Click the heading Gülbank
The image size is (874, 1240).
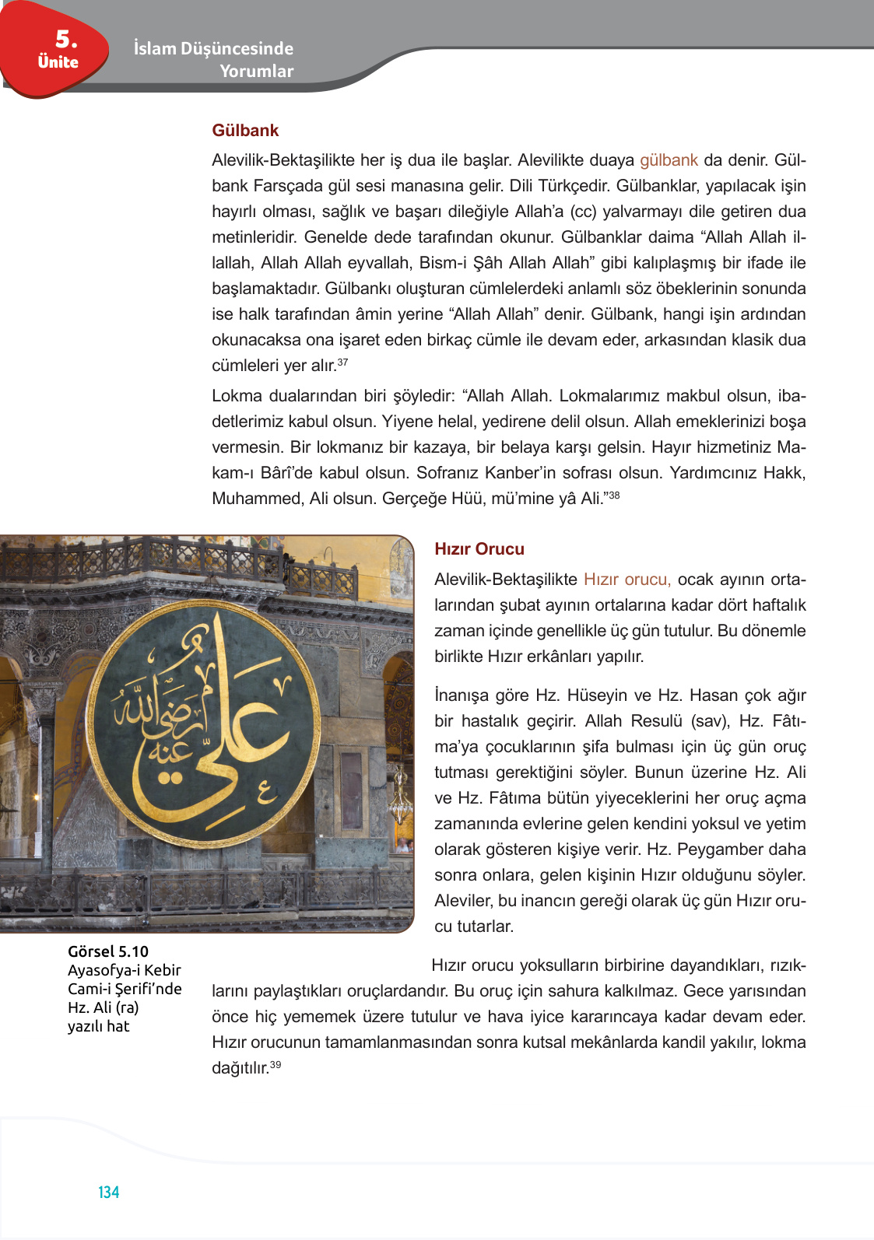tap(244, 131)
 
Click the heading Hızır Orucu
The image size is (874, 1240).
tap(479, 549)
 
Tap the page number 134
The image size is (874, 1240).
tap(108, 1193)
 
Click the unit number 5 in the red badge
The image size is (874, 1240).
tap(65, 39)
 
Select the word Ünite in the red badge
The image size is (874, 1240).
tap(58, 62)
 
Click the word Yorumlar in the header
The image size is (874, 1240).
tap(256, 71)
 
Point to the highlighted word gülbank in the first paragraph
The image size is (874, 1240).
tap(668, 160)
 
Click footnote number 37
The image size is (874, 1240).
tap(342, 363)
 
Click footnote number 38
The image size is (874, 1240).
tap(614, 495)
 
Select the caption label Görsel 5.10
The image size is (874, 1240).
tap(107, 951)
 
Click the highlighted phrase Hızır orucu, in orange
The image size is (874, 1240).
tap(627, 580)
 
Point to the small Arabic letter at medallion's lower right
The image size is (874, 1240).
tap(266, 793)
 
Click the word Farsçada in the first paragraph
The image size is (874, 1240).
tap(286, 186)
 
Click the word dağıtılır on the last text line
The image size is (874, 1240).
tap(240, 1068)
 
